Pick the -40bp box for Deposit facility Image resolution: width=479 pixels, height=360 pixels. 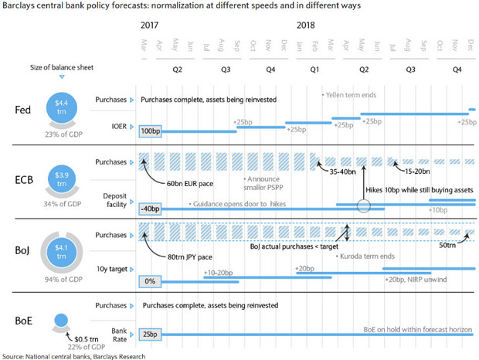pos(151,209)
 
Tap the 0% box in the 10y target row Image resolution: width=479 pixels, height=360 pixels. pos(151,281)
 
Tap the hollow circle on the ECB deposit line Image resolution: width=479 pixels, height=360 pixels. pos(365,206)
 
